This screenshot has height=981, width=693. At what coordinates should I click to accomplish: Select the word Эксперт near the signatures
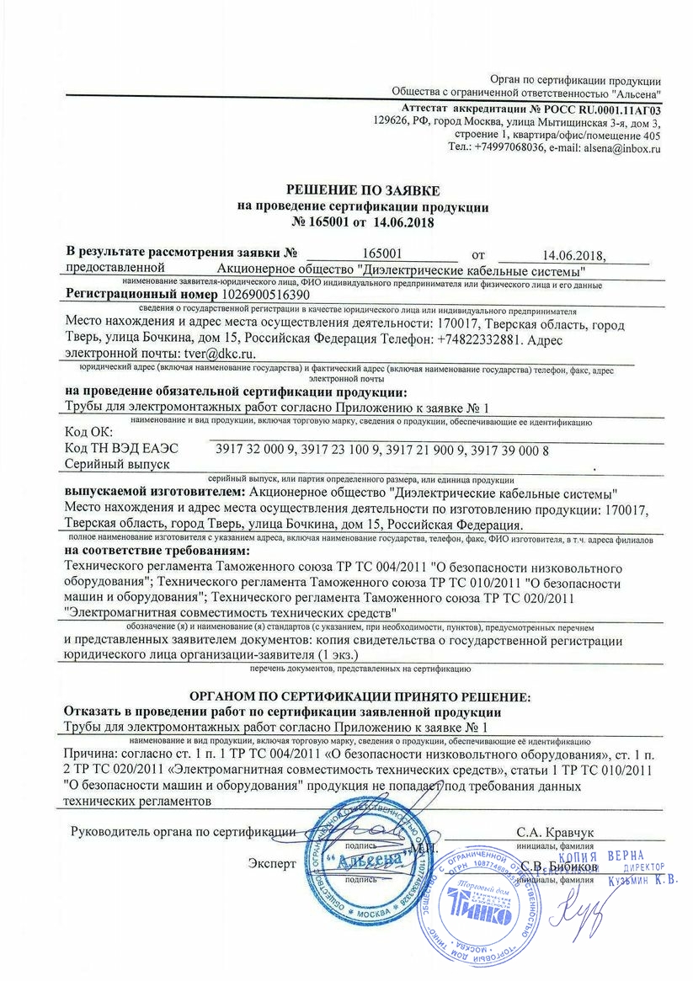pyautogui.click(x=272, y=864)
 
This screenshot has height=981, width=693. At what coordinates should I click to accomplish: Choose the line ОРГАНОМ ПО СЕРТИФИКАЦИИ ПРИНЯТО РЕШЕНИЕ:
pyautogui.click(x=360, y=697)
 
